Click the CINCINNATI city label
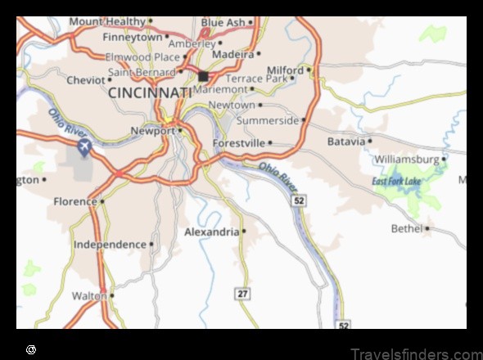150,93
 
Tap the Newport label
153,130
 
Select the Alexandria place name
210,232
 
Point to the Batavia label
345,141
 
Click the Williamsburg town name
408,159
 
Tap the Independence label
110,244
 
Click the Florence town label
75,200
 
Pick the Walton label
89,295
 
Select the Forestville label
238,142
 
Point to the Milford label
286,70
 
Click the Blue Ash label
223,22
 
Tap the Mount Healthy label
106,21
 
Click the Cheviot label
86,79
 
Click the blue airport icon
84,147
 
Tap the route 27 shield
242,293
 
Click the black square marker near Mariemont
202,76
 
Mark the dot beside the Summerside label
303,120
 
